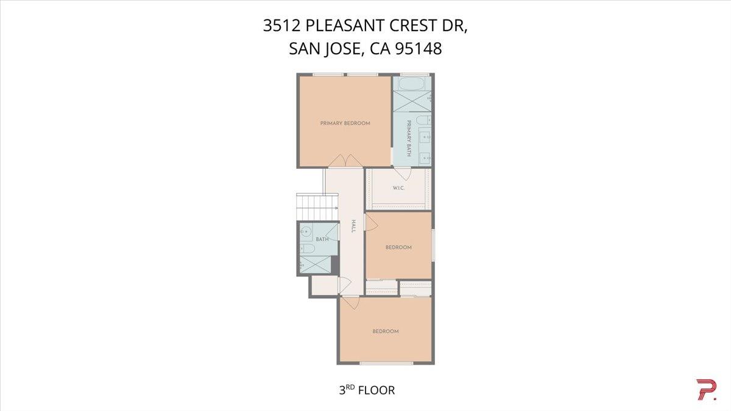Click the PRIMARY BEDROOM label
345,123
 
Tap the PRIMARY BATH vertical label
409,138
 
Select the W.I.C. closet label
399,188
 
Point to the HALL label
353,227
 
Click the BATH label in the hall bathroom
322,239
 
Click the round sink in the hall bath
306,232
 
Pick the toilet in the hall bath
308,249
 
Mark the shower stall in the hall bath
316,265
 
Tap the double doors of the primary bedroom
345,160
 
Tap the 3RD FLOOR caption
367,390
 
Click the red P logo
705,390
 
